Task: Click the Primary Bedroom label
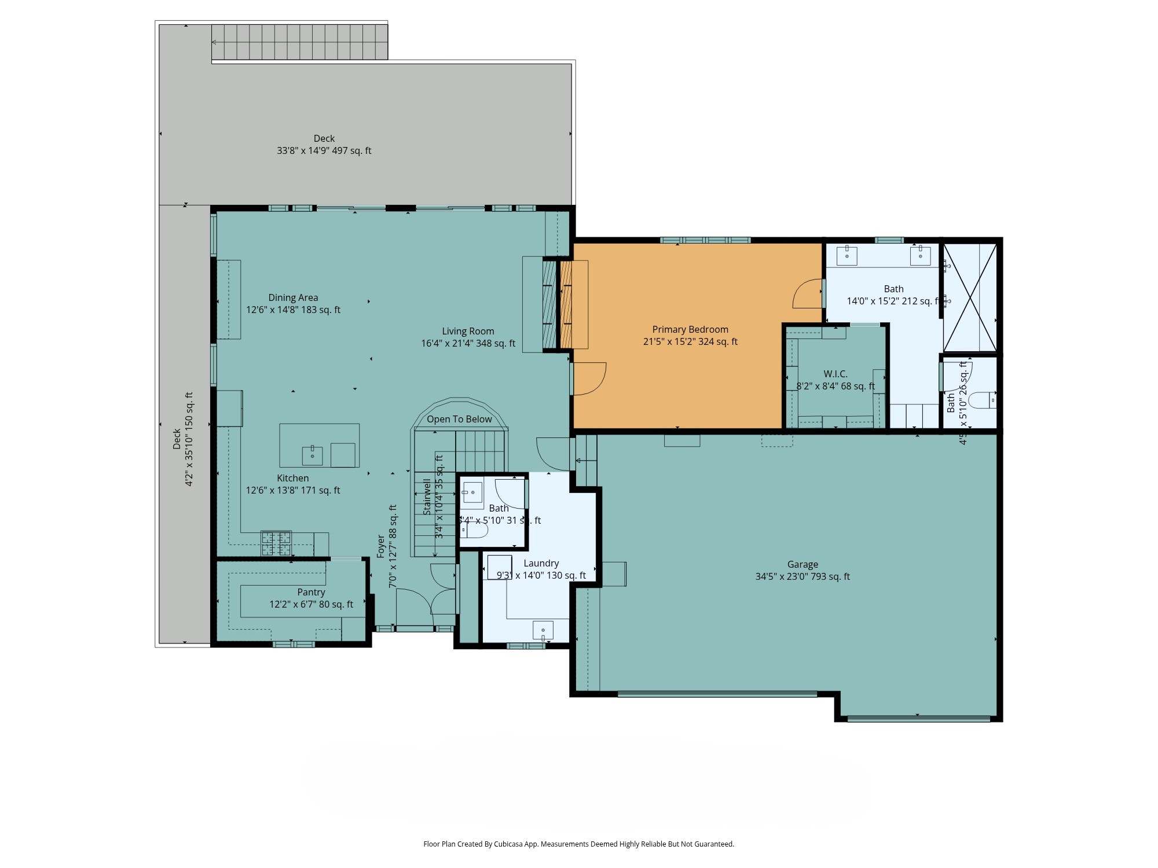tap(690, 329)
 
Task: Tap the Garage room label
tap(802, 564)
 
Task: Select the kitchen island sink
tap(312, 455)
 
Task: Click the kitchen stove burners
tap(276, 543)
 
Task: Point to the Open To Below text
tap(459, 419)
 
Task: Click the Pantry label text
tap(311, 592)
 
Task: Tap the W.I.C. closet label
tap(835, 374)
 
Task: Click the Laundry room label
tap(541, 563)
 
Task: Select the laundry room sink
tap(543, 631)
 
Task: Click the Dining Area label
tap(293, 297)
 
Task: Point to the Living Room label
tap(468, 331)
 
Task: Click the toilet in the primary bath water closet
tap(983, 400)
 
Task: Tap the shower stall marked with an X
tap(970, 297)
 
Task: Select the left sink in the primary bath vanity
tap(846, 255)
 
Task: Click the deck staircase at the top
tap(299, 42)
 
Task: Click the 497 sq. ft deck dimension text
tap(324, 150)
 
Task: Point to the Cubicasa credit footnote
tap(578, 844)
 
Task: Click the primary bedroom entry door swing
tap(589, 378)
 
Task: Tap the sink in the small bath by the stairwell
tap(472, 492)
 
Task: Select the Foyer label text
tap(380, 546)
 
